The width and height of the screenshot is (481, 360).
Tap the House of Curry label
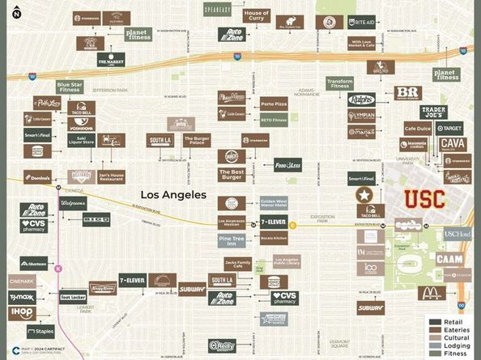click(257, 16)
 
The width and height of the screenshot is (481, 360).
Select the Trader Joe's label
click(433, 112)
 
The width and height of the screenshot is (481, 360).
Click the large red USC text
click(424, 198)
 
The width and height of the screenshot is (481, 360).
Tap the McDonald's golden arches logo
click(429, 293)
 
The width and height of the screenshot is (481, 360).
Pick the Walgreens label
click(72, 203)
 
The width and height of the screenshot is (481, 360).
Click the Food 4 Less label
click(287, 164)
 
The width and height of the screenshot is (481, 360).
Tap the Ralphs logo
click(361, 100)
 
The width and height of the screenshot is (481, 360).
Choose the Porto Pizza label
click(274, 104)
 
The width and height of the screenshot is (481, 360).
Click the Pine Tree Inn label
click(231, 239)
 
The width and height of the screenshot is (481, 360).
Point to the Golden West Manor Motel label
click(274, 203)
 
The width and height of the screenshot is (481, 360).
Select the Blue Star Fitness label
click(70, 87)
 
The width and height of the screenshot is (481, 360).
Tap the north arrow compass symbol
click(16, 11)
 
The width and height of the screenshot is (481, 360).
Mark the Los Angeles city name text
click(173, 195)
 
